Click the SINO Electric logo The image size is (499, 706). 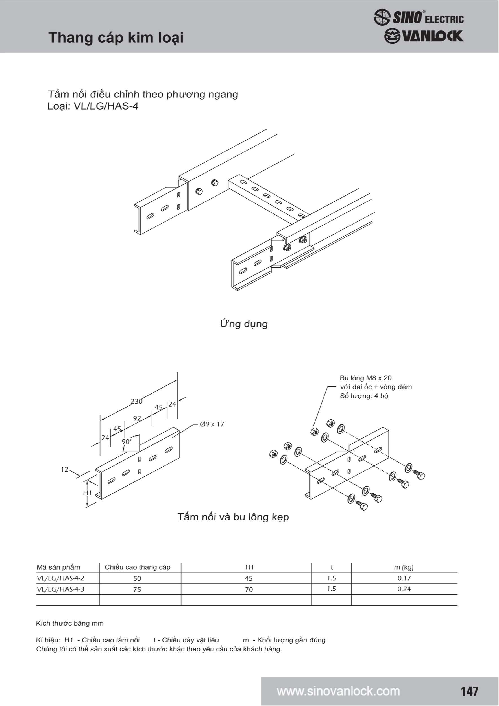coord(419,17)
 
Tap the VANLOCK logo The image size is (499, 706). coord(424,36)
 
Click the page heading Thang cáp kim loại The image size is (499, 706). coord(116,38)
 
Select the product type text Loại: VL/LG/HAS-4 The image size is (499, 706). coord(93,106)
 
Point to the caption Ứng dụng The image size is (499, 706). coord(243,324)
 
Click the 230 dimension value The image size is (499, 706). coord(136,401)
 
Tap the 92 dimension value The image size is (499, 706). coord(137,418)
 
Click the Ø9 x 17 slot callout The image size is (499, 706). coord(212,424)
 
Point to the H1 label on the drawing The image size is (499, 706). coord(88,493)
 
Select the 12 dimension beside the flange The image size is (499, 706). coord(65,470)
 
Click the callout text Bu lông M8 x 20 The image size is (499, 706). coord(365,378)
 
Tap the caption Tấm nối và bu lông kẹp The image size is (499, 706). coord(233,517)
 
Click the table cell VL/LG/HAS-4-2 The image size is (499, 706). coord(60,578)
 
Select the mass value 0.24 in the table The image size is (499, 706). coord(404,589)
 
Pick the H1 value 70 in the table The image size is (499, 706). coord(249,589)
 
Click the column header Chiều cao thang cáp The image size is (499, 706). coord(138,567)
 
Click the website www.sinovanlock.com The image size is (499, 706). coord(338,691)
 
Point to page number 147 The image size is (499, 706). coord(469,691)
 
